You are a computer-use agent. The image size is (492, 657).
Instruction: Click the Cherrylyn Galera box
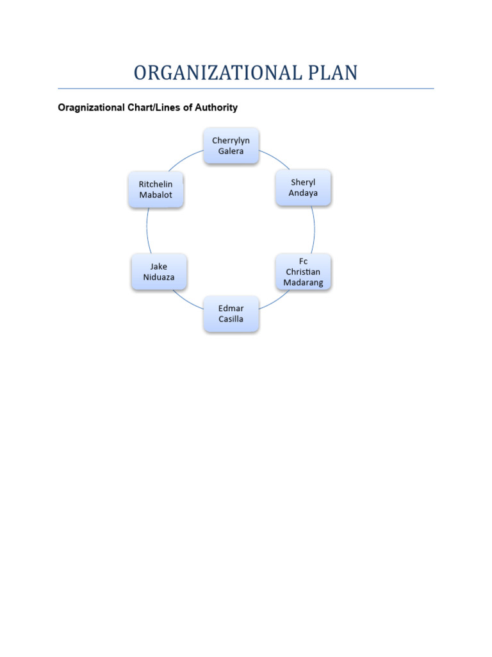coord(231,146)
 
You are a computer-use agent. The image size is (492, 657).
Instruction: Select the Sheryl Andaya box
coord(303,187)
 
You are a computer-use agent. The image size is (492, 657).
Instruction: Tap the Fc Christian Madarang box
coord(303,271)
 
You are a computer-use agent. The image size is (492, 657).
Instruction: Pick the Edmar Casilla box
coord(231,313)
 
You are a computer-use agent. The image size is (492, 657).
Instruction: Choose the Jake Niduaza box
coord(158,271)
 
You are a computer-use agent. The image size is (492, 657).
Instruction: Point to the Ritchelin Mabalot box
coord(156,189)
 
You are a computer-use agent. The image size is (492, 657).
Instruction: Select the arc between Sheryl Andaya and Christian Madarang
coord(314,230)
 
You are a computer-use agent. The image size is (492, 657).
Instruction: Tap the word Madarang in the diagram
coord(303,282)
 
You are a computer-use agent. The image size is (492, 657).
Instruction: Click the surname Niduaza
coord(158,277)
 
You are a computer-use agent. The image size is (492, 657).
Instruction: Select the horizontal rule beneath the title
coord(245,89)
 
